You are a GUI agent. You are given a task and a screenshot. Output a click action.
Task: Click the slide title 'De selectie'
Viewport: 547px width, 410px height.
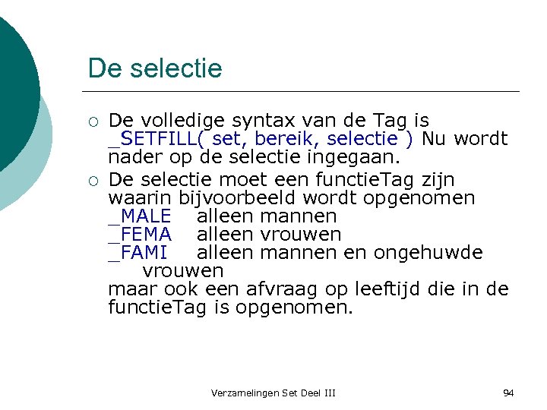155,68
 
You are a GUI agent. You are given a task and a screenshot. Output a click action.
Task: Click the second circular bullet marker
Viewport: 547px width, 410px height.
93,181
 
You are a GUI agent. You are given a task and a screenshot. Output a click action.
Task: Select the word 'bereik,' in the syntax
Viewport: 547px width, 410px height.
282,139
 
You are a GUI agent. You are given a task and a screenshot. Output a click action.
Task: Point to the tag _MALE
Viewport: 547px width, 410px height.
140,216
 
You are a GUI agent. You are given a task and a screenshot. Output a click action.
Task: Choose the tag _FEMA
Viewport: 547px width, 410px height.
140,235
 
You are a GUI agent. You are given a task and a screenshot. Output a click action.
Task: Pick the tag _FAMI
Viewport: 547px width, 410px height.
138,252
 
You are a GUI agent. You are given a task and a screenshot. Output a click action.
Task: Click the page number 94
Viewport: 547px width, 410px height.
508,393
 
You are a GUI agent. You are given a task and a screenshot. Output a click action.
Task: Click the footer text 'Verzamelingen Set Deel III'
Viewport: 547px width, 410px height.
273,393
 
